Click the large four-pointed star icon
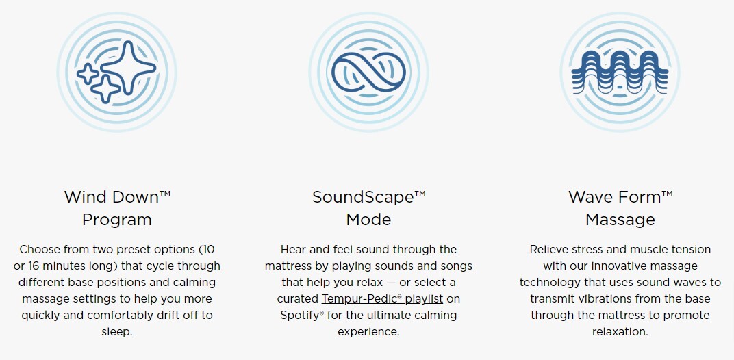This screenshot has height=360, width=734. pyautogui.click(x=127, y=66)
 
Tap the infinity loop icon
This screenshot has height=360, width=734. pyautogui.click(x=368, y=72)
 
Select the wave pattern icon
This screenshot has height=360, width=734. pyautogui.click(x=620, y=72)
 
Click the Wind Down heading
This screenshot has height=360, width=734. pyautogui.click(x=117, y=196)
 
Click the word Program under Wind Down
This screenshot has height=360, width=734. pyautogui.click(x=117, y=220)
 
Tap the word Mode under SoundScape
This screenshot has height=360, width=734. pyautogui.click(x=369, y=220)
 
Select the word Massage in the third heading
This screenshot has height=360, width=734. pyautogui.click(x=620, y=220)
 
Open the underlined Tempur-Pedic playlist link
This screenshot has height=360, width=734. pyautogui.click(x=382, y=298)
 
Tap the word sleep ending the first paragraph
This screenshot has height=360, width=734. pyautogui.click(x=117, y=332)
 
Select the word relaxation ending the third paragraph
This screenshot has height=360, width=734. pyautogui.click(x=620, y=332)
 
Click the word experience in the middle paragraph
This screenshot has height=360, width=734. pyautogui.click(x=368, y=332)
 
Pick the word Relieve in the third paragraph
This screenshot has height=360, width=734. pyautogui.click(x=547, y=250)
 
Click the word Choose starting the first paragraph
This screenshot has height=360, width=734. pyautogui.click(x=38, y=250)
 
